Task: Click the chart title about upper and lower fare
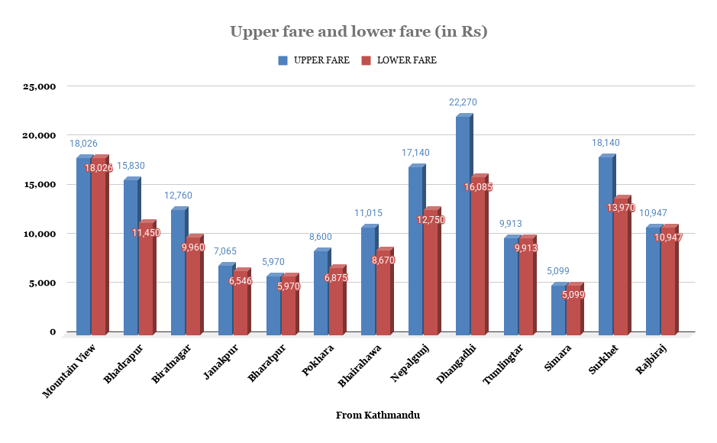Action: tap(358, 32)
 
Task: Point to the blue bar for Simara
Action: tap(558, 309)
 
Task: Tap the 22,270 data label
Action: tap(463, 102)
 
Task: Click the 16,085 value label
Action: tap(478, 186)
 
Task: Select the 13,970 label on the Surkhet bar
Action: tap(621, 208)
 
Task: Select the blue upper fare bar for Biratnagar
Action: tap(178, 271)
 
